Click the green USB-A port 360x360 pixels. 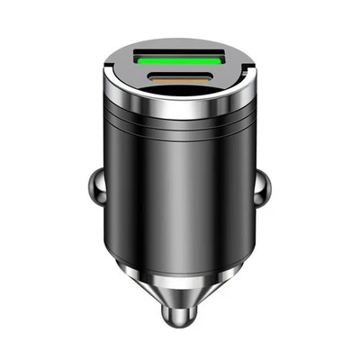click(179, 59)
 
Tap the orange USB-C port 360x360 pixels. click(179, 79)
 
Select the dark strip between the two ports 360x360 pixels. click(179, 69)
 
